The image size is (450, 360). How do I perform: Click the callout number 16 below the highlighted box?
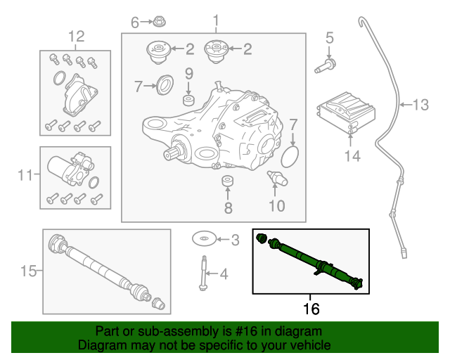coord(310,308)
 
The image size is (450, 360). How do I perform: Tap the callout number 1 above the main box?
coord(216,20)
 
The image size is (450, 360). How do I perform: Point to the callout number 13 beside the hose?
coord(419,105)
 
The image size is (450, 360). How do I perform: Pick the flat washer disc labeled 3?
coord(204,240)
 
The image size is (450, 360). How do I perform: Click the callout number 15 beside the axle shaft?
coord(27,270)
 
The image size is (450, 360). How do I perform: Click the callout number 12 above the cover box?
coord(75,36)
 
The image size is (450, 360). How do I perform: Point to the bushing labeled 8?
coord(227,184)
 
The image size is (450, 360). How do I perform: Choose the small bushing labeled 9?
coord(188,101)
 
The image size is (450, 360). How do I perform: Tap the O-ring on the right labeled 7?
coord(294,153)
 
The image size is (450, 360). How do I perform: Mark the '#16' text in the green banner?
coord(246,331)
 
